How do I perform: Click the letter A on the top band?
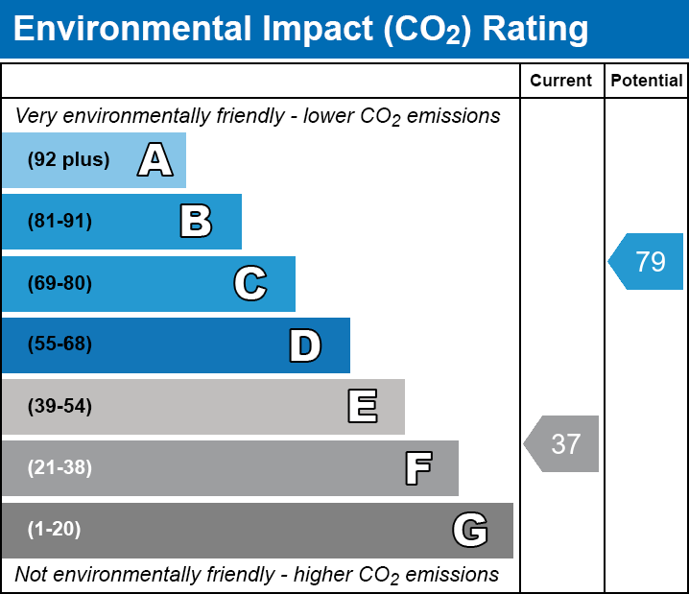[x=155, y=160]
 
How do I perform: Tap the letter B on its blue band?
[x=196, y=222]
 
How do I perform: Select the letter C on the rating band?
[x=249, y=283]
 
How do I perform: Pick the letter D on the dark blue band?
[x=305, y=345]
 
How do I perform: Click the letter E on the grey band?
[x=362, y=407]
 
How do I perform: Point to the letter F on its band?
[x=417, y=468]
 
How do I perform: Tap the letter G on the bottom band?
[x=470, y=530]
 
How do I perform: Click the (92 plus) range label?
[x=68, y=160]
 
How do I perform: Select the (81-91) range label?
[x=59, y=222]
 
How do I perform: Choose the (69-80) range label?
[x=59, y=283]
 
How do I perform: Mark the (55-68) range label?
[x=59, y=345]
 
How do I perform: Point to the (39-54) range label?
[x=59, y=407]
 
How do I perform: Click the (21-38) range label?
[x=59, y=468]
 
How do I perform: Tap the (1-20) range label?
[x=55, y=530]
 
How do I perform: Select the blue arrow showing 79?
[x=648, y=261]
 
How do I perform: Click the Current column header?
[x=561, y=82]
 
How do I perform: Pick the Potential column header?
[x=647, y=82]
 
